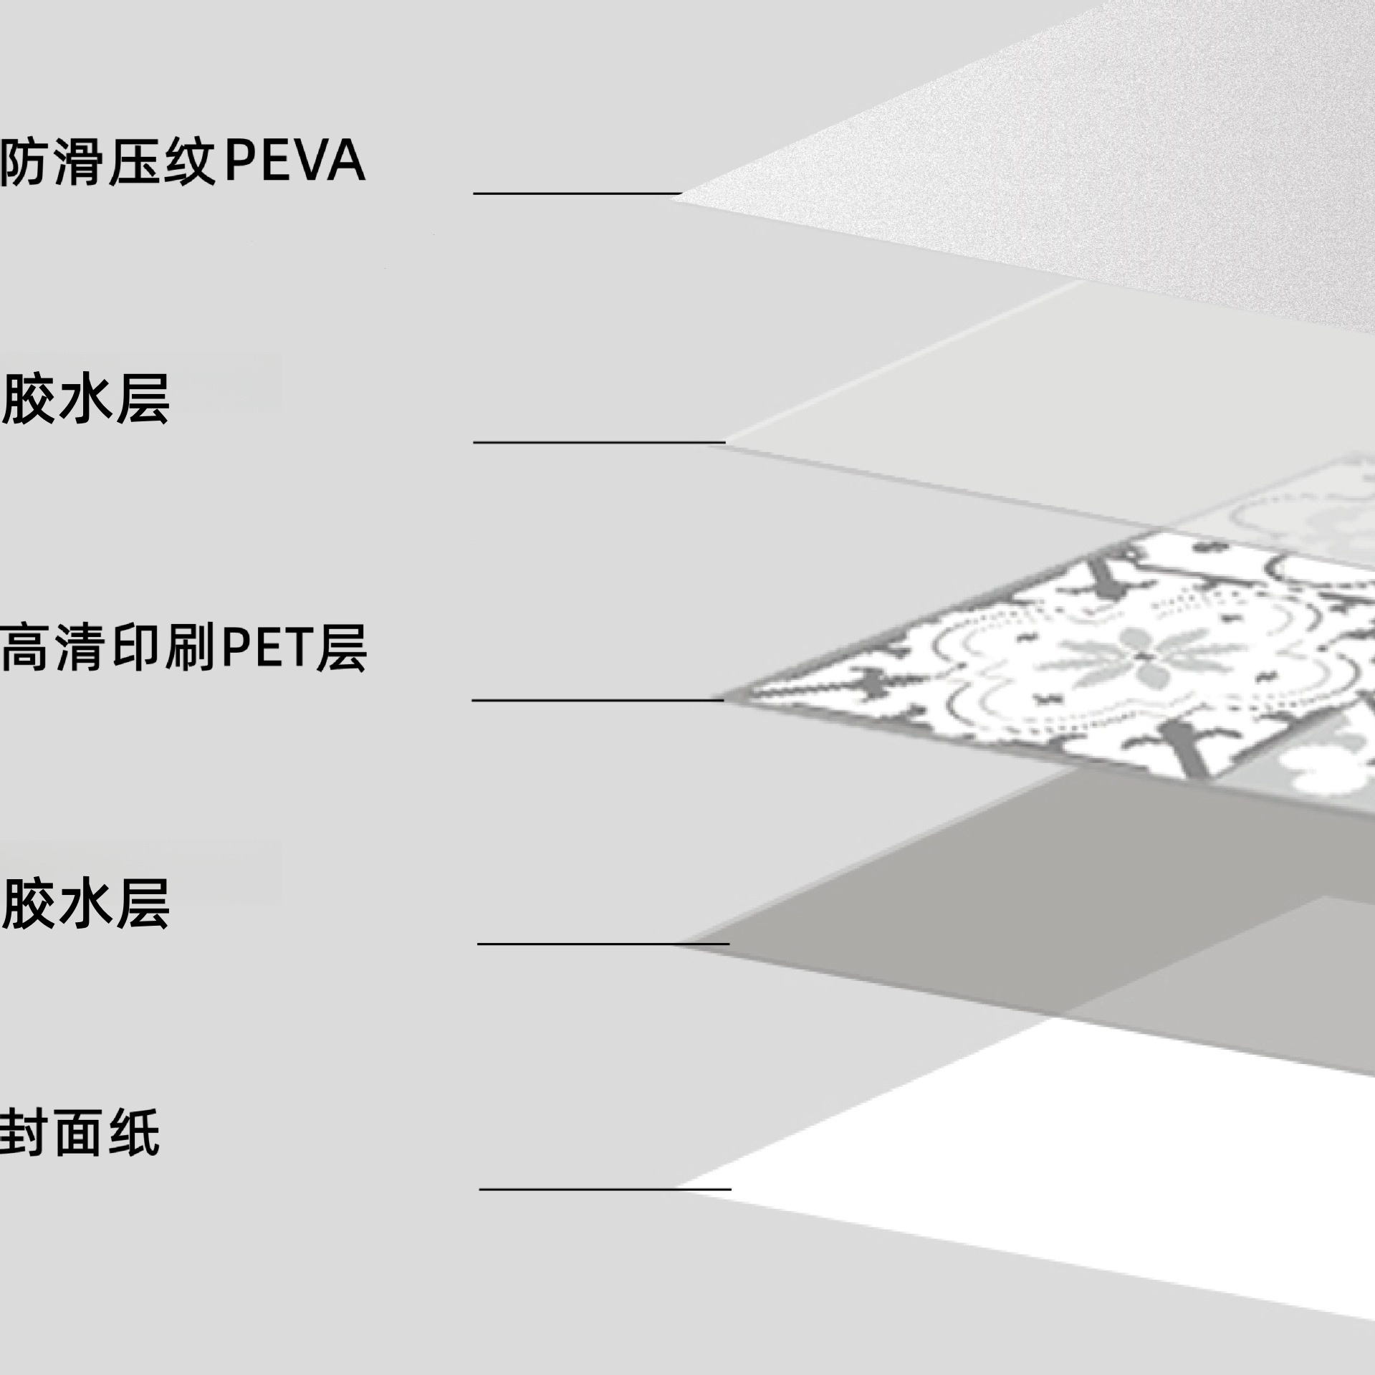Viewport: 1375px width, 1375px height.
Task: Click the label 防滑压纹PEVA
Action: pyautogui.click(x=183, y=163)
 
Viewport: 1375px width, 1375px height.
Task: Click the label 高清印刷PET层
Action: pyautogui.click(x=183, y=648)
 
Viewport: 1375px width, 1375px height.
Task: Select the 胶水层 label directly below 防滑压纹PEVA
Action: pyautogui.click(x=86, y=399)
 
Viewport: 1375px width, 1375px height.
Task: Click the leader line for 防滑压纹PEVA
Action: pyautogui.click(x=577, y=193)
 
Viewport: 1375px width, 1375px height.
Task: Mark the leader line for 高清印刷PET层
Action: pyautogui.click(x=598, y=699)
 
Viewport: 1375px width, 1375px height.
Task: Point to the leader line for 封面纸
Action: pyautogui.click(x=605, y=1189)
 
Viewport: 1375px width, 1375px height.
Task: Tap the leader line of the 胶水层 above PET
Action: pyautogui.click(x=599, y=442)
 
